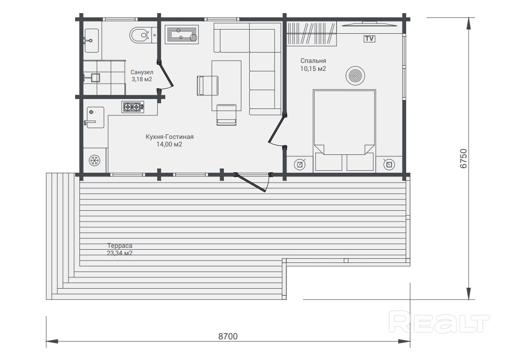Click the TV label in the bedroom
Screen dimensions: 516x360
pyautogui.click(x=370, y=38)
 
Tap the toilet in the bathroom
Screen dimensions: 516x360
pyautogui.click(x=140, y=35)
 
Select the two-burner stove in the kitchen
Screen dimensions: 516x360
pyautogui.click(x=133, y=107)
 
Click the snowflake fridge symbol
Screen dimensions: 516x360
pyautogui.click(x=95, y=161)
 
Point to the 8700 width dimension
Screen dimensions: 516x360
pyautogui.click(x=228, y=337)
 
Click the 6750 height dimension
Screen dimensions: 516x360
pyautogui.click(x=463, y=159)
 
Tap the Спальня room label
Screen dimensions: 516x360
pyautogui.click(x=313, y=61)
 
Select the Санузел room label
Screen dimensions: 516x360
pyautogui.click(x=142, y=72)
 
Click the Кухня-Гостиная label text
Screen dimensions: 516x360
pyautogui.click(x=169, y=137)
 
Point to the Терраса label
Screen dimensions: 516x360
pyautogui.click(x=120, y=246)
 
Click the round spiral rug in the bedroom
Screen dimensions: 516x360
pyautogui.click(x=355, y=76)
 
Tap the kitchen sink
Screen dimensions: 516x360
pyautogui.click(x=95, y=117)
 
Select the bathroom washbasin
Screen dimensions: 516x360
pyautogui.click(x=91, y=40)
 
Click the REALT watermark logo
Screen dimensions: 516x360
pyautogui.click(x=439, y=322)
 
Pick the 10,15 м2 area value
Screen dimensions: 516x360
pyautogui.click(x=313, y=69)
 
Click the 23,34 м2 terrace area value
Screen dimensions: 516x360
pyautogui.click(x=120, y=253)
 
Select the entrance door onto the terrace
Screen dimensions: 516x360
pyautogui.click(x=252, y=182)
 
